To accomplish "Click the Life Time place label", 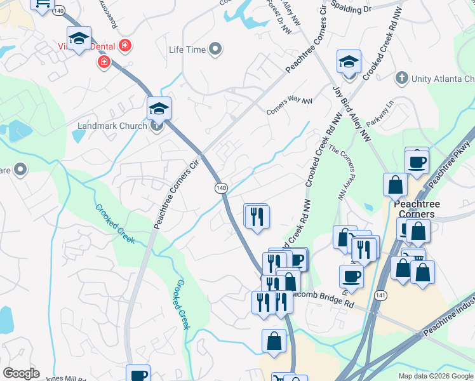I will [187, 50].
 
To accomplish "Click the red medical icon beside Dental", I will [125, 45].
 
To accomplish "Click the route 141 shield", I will [380, 296].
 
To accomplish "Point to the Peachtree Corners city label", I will [414, 210].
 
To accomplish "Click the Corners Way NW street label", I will [290, 105].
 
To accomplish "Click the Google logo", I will [21, 373].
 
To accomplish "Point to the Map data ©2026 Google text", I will [436, 376].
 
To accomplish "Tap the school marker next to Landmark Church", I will [159, 109].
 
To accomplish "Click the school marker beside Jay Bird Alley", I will [349, 62].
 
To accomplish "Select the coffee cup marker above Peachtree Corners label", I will [417, 161].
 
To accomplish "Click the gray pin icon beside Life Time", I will [216, 48].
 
